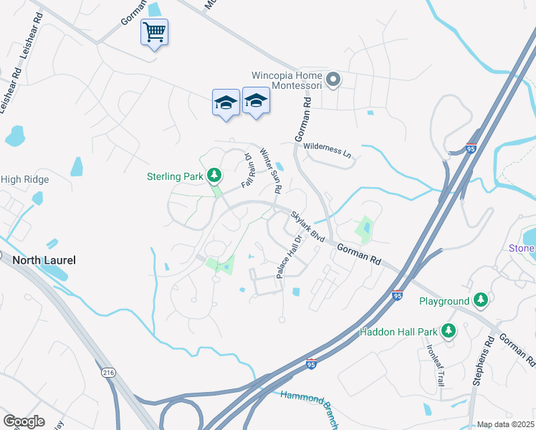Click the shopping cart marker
click(154, 32)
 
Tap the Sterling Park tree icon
click(213, 175)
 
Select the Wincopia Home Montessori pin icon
click(332, 80)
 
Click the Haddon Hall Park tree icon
click(449, 330)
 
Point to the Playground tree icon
click(482, 301)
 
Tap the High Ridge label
click(24, 179)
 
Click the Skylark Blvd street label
click(307, 226)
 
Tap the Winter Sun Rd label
click(270, 171)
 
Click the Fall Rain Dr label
click(248, 171)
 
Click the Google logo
click(24, 421)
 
